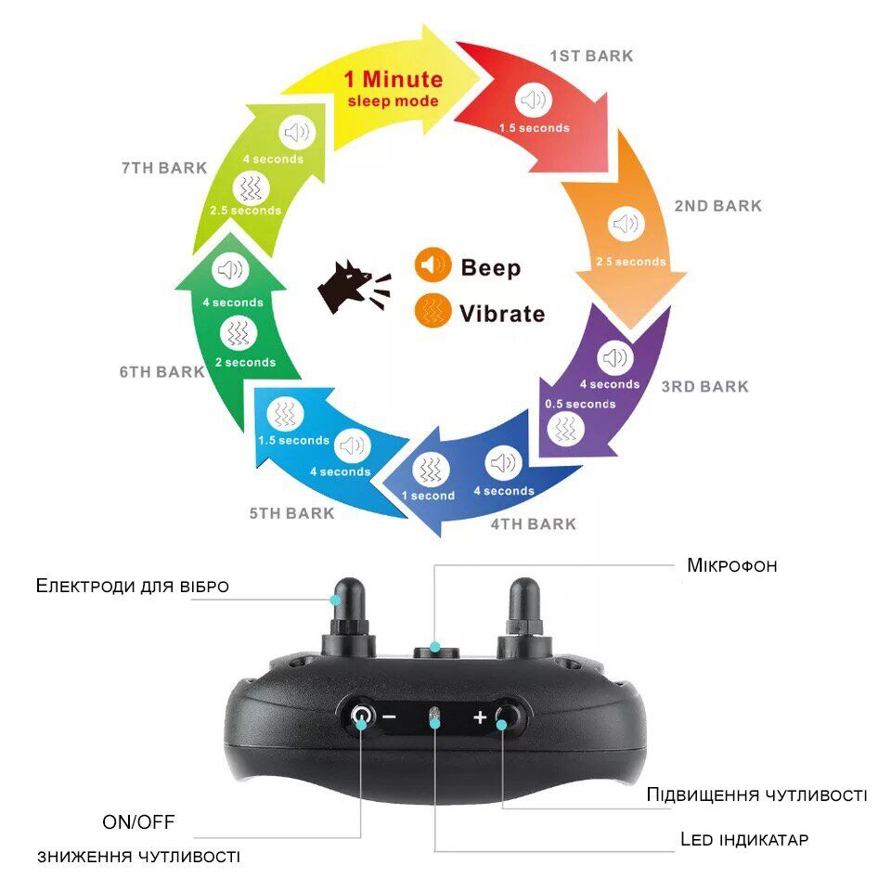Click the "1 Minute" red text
click(x=394, y=79)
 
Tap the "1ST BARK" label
click(x=591, y=56)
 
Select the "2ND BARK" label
click(x=717, y=206)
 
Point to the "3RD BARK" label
click(x=704, y=386)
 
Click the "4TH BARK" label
click(x=533, y=524)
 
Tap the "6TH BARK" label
click(x=161, y=372)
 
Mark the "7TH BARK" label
click(x=163, y=168)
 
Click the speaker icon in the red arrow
click(x=534, y=100)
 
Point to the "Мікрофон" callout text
click(x=731, y=565)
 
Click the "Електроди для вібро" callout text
click(x=132, y=586)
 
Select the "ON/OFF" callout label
click(x=138, y=821)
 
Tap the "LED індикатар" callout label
click(x=744, y=840)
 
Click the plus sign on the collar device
click(x=480, y=717)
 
